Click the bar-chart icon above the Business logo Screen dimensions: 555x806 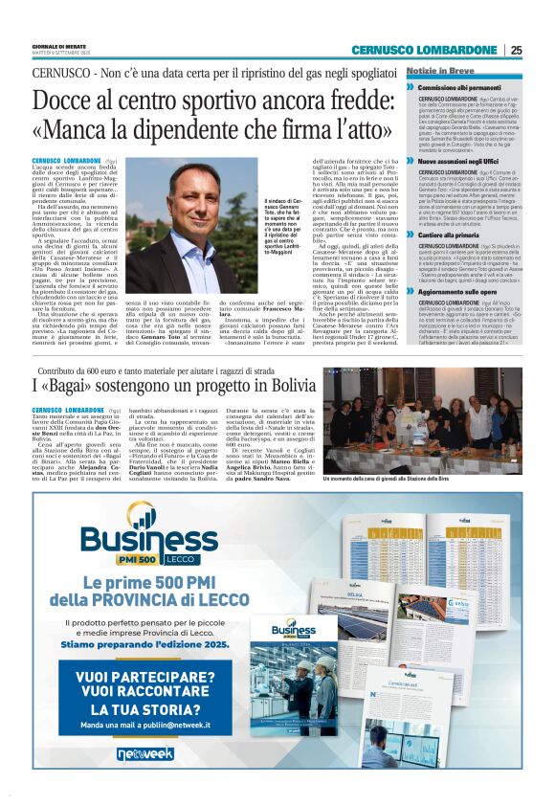144,522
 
